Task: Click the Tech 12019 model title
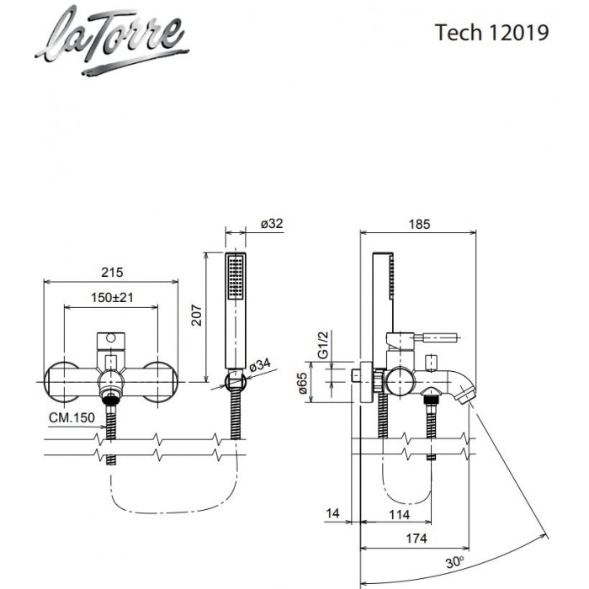(x=492, y=33)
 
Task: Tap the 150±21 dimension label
(x=112, y=298)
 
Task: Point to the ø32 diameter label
(x=271, y=224)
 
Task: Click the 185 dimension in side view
(x=420, y=224)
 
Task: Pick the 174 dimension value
(x=417, y=538)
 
